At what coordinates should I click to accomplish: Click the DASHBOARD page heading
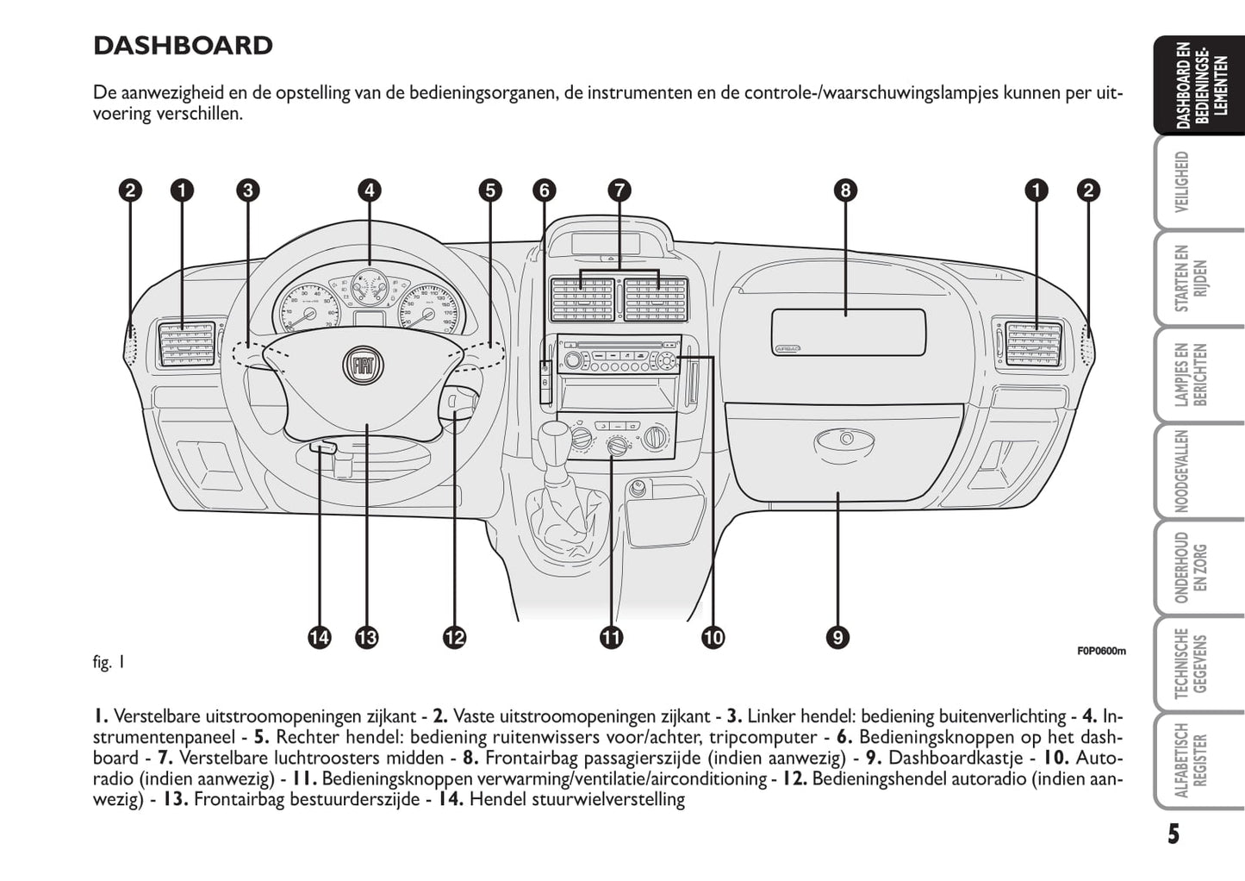coord(183,46)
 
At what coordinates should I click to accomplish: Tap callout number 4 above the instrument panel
coord(369,191)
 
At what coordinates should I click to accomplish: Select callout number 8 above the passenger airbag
coord(845,191)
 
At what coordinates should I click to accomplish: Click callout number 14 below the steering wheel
coord(319,638)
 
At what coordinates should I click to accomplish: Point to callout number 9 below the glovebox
coord(837,638)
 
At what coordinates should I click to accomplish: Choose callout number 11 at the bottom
coord(611,638)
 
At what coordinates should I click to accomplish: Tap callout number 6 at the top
coord(544,191)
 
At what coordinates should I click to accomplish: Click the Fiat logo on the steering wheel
coord(358,366)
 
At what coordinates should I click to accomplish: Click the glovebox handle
coord(845,440)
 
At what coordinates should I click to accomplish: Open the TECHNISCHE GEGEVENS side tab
coord(1190,664)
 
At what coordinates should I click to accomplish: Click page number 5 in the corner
coord(1173,834)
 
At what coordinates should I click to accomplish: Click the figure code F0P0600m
coord(1100,651)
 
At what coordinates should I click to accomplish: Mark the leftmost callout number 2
coord(130,191)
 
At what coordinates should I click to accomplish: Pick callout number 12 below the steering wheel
coord(454,638)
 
